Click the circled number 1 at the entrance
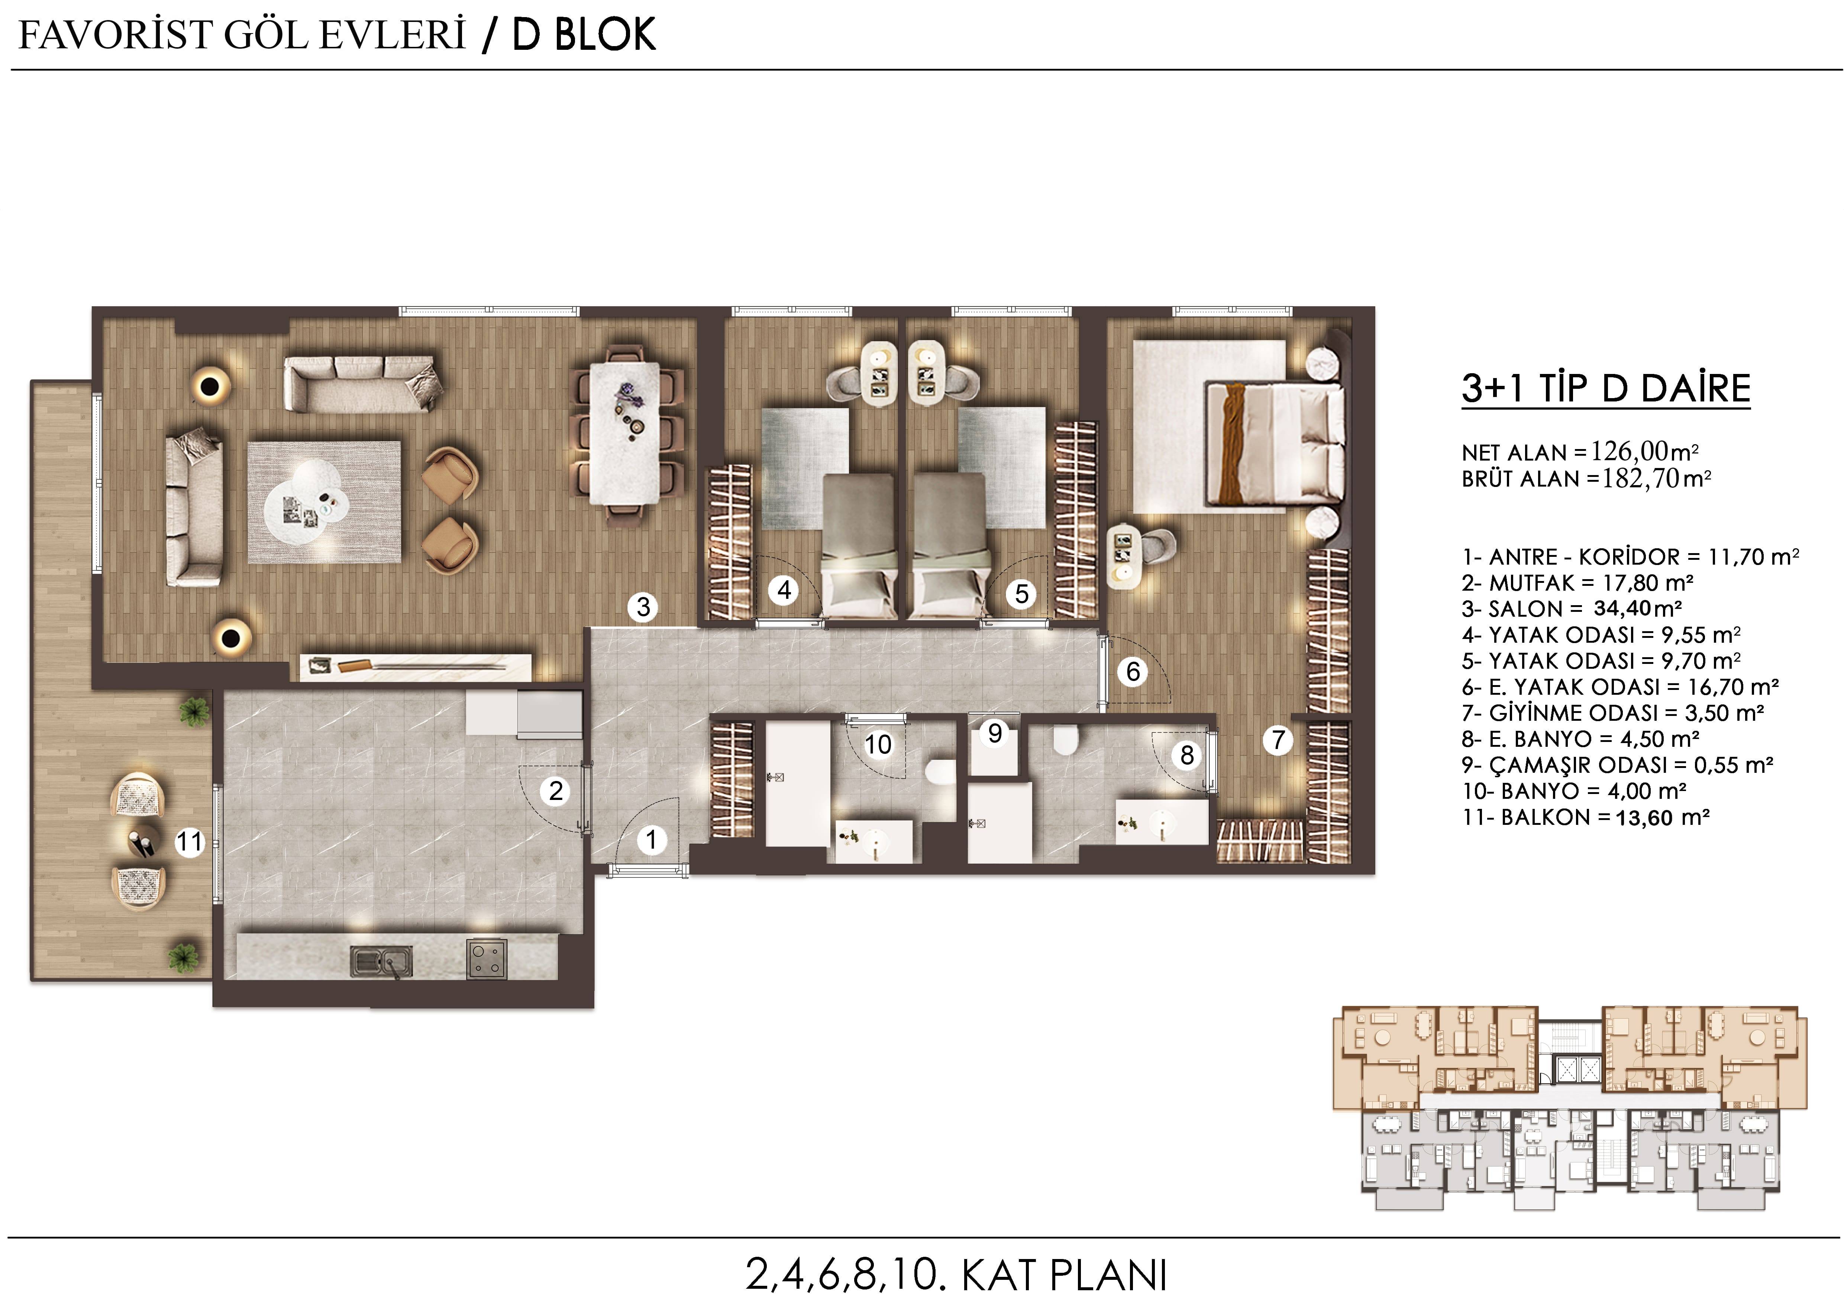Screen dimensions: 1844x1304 (651, 840)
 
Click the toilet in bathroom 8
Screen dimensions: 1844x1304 (1065, 740)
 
